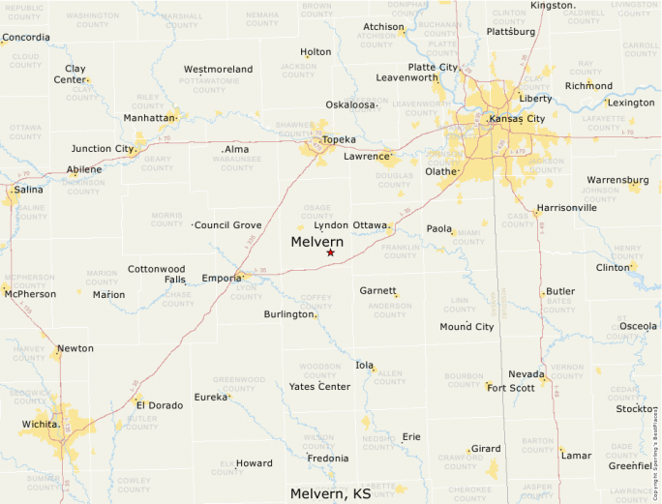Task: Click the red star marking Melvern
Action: pyautogui.click(x=330, y=252)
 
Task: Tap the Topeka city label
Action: pyautogui.click(x=339, y=139)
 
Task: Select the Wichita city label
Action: pyautogui.click(x=41, y=424)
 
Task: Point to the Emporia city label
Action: pyautogui.click(x=222, y=280)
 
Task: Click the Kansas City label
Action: pyautogui.click(x=518, y=118)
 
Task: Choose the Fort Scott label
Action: pyautogui.click(x=510, y=388)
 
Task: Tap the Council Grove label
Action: pyautogui.click(x=228, y=224)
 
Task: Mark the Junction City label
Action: pyautogui.click(x=102, y=149)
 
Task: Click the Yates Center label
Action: pyautogui.click(x=319, y=387)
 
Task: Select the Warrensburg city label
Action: pyautogui.click(x=617, y=179)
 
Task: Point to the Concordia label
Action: pyautogui.click(x=26, y=39)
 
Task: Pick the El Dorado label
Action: pyautogui.click(x=159, y=405)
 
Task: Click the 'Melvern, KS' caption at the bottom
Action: pyautogui.click(x=330, y=493)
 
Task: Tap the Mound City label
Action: pyautogui.click(x=466, y=327)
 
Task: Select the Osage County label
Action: pyautogui.click(x=317, y=211)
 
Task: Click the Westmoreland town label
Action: pyautogui.click(x=218, y=70)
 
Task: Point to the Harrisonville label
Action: pyautogui.click(x=566, y=208)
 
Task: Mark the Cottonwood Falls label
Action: pyautogui.click(x=157, y=274)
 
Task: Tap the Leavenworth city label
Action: pyautogui.click(x=407, y=77)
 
